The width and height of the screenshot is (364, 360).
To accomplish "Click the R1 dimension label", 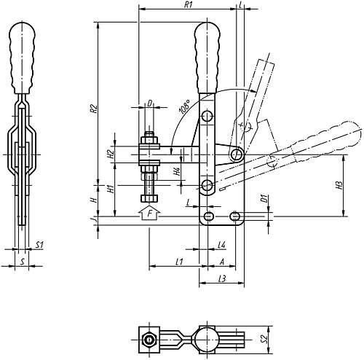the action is click(x=188, y=5).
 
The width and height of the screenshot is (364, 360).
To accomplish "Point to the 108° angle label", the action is click(x=185, y=106).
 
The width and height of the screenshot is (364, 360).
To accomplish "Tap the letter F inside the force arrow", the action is click(x=150, y=214).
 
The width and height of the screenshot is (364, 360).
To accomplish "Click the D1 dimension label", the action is click(x=264, y=198).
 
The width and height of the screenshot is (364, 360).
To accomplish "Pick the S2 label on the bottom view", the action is click(x=265, y=339).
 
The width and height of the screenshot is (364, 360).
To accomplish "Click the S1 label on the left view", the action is click(x=39, y=245).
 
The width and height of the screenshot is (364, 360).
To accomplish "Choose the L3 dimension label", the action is click(x=222, y=278).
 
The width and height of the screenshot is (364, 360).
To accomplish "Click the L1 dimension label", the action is click(x=179, y=262).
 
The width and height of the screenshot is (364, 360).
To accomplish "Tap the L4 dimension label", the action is click(x=222, y=245).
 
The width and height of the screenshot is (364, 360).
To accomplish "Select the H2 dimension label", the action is click(x=111, y=154).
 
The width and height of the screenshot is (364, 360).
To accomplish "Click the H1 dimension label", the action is click(x=111, y=189).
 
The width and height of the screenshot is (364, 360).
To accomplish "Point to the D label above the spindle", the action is click(x=150, y=103).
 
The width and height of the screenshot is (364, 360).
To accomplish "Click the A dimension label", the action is click(x=222, y=262).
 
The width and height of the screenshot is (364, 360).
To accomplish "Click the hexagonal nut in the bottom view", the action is click(x=149, y=340).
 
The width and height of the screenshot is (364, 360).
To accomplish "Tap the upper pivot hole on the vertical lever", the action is click(x=207, y=116).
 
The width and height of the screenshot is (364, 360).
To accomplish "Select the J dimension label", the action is click(x=95, y=219).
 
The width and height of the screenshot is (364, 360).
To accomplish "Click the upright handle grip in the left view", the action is click(x=22, y=58).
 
